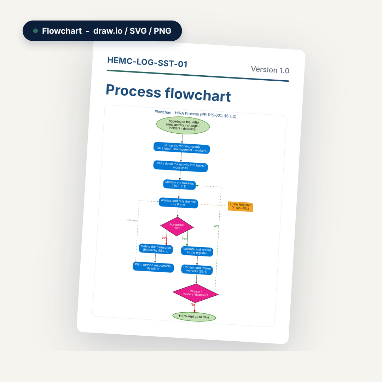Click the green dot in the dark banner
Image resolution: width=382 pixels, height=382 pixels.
36,31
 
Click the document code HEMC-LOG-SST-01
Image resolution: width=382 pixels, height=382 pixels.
147,62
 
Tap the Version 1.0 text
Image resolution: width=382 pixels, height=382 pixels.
270,70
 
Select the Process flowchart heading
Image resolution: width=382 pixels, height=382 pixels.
168,93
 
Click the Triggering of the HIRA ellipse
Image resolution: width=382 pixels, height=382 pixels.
183,125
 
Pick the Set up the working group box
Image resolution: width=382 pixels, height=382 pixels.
181,148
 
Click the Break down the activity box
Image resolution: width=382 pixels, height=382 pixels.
180,166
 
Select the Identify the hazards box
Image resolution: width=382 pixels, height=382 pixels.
179,184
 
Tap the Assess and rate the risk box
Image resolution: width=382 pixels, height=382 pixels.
178,203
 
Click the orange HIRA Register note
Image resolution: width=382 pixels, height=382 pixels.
241,207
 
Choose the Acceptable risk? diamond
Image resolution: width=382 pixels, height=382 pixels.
177,227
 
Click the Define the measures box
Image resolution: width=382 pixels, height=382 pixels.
156,249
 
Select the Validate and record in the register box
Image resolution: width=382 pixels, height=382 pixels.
197,251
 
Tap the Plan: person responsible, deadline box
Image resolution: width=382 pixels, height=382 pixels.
153,267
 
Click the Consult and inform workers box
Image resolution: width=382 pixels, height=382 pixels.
197,270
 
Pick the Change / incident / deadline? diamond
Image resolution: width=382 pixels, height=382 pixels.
195,293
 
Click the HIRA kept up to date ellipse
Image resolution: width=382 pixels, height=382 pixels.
194,317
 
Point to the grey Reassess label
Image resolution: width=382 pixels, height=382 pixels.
132,220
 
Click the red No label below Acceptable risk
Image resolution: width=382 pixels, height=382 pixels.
164,238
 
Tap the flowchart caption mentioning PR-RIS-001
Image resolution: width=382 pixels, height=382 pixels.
195,114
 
